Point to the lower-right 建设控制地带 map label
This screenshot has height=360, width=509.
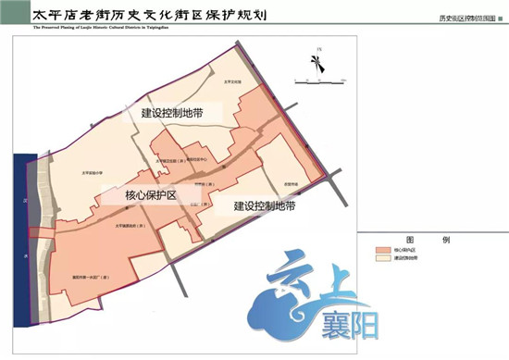point(265,205)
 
